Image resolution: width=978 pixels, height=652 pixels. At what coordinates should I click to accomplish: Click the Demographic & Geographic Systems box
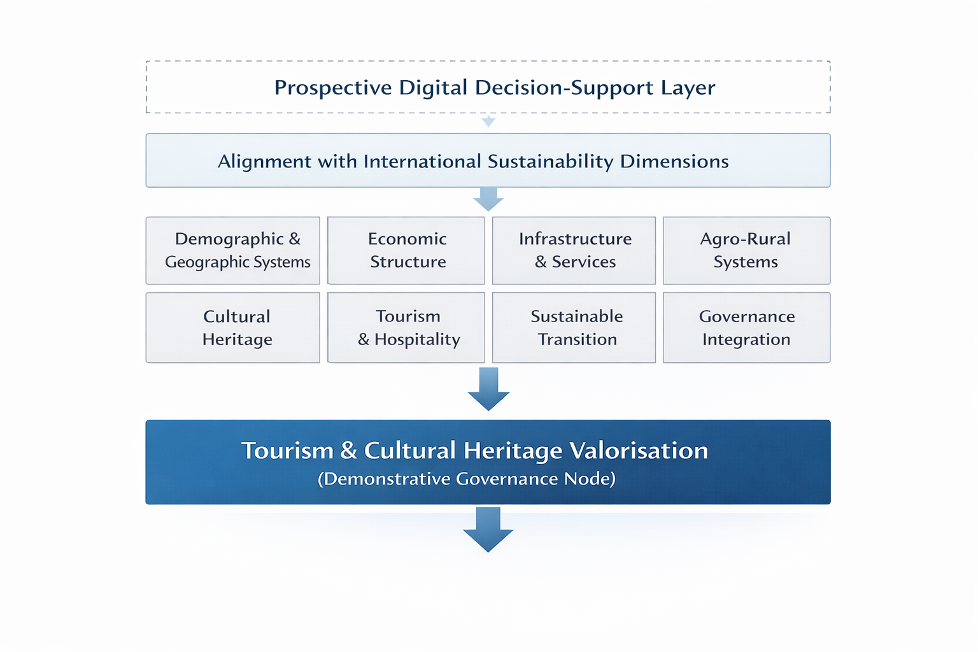pos(232,251)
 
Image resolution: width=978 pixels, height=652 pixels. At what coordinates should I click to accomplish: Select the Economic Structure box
pos(406,251)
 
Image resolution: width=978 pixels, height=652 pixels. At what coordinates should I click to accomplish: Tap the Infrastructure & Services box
pos(574,251)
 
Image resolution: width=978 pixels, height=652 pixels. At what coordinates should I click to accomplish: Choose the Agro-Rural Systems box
pos(747,251)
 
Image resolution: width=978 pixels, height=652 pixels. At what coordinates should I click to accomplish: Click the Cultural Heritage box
pos(232,327)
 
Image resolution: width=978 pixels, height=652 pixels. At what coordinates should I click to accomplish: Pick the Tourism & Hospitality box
pos(406,327)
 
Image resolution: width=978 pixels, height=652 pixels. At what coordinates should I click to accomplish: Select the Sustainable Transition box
pos(574,327)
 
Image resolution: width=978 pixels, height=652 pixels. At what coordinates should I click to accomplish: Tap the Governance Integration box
pos(747,327)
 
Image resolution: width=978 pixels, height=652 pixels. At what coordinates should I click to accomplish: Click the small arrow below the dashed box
pos(488,121)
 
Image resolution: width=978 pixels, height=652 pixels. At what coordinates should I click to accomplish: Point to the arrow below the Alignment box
pos(488,199)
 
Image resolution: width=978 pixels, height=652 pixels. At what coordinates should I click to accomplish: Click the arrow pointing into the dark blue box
pos(488,389)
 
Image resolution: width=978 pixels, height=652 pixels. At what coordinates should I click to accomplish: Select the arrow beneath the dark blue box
pos(488,530)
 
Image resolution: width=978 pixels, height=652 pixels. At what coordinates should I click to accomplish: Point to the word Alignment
pos(265,162)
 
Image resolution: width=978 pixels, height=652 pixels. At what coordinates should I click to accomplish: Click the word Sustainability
pos(551,162)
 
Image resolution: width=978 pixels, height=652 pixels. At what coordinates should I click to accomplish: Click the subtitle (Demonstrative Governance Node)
pos(467,479)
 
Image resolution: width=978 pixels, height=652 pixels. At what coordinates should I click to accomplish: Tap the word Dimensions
pos(674,162)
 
